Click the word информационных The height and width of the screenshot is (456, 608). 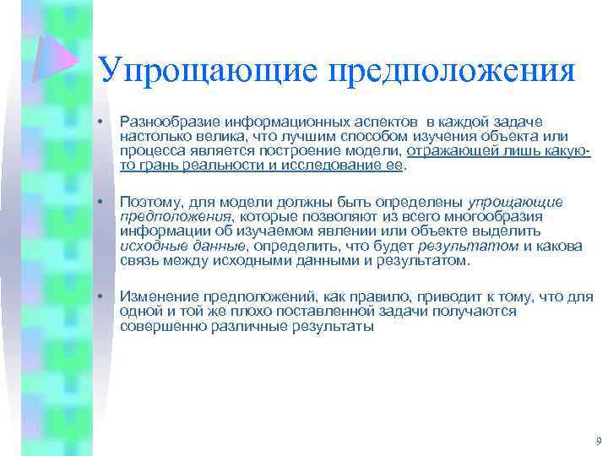[x=269, y=122]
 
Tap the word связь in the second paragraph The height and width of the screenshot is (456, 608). [x=139, y=260]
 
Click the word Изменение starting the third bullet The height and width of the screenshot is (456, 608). [x=155, y=297]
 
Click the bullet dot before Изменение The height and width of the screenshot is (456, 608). [x=100, y=297]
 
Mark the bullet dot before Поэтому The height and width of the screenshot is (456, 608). [x=100, y=203]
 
